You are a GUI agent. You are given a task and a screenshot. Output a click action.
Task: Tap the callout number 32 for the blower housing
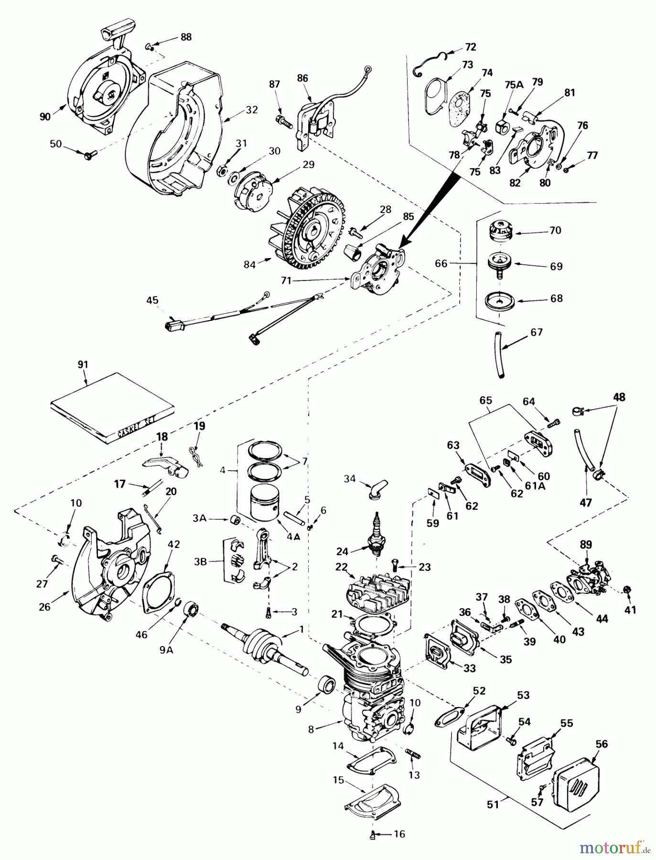(x=252, y=109)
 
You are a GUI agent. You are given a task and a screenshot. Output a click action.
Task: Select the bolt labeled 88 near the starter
(x=150, y=46)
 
